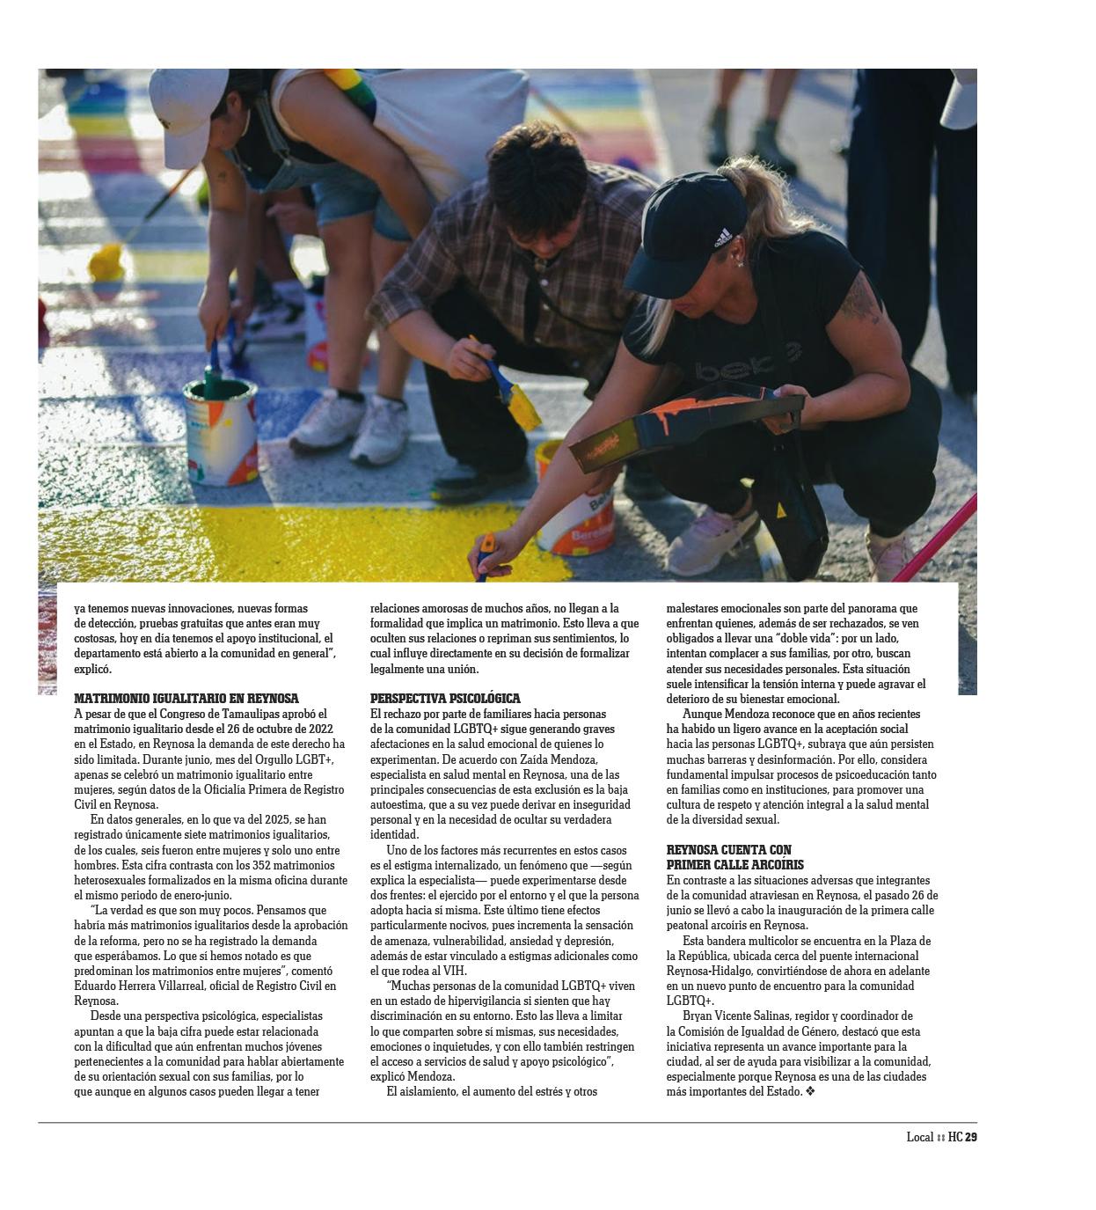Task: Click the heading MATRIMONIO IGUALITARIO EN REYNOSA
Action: (x=186, y=699)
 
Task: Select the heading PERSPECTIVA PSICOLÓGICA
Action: (x=445, y=699)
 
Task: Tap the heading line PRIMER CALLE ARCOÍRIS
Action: (x=735, y=865)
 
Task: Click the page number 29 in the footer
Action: (x=971, y=1137)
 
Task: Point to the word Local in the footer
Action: (x=919, y=1137)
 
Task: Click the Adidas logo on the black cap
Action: (x=722, y=237)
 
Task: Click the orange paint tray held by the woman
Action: (x=686, y=422)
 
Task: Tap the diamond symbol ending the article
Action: (x=810, y=1091)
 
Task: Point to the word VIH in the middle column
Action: (x=454, y=971)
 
